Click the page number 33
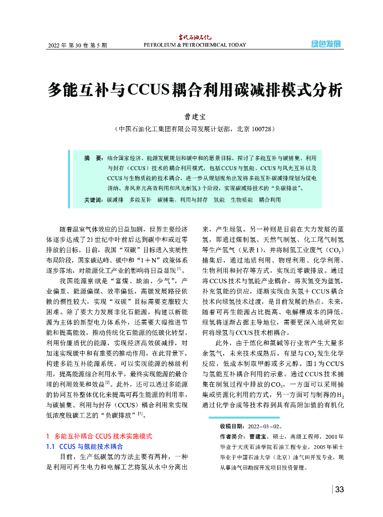coord(339,489)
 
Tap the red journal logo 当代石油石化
coord(195,37)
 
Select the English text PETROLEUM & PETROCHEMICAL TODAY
coord(195,45)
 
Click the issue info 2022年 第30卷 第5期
coord(77,45)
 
